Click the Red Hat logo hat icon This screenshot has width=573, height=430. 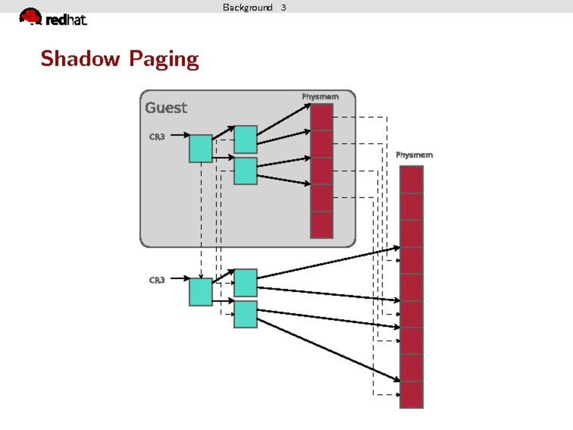31,17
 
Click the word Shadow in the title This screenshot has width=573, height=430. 81,59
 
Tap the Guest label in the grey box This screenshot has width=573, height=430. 166,108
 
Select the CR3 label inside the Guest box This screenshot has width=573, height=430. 157,136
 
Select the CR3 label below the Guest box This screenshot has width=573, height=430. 157,279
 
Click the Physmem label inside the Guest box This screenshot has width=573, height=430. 320,96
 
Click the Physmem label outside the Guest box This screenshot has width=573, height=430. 414,155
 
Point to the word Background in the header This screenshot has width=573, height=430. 247,7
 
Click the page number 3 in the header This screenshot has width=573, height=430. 284,7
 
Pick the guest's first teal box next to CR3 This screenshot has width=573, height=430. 201,148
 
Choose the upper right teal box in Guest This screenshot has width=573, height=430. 245,139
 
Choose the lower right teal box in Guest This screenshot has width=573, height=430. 245,171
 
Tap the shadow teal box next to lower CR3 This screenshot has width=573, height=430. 201,292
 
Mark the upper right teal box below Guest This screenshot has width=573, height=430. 245,282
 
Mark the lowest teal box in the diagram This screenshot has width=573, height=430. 245,314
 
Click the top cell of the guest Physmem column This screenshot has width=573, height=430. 321,117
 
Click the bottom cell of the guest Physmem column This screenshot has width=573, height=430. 321,225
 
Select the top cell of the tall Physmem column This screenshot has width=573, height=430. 411,180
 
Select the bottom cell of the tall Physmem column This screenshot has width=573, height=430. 411,395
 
